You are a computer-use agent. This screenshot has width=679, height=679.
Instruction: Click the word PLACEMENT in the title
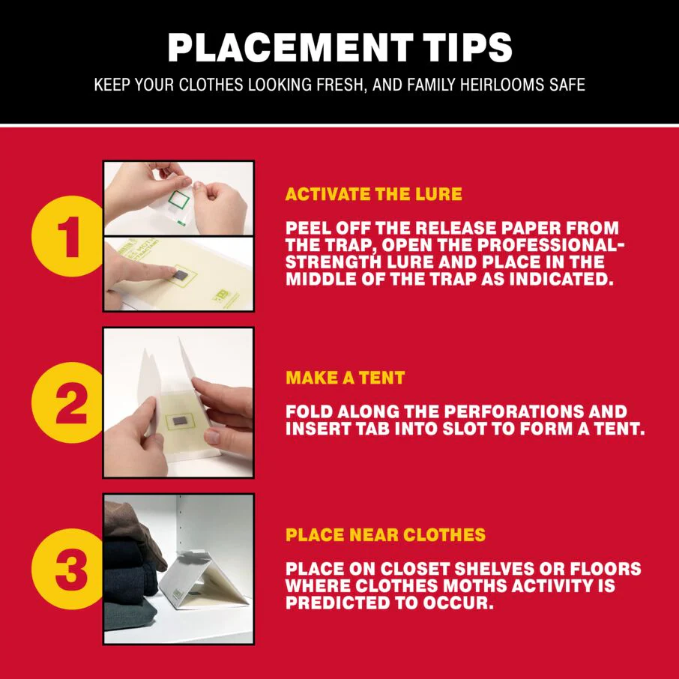tap(290, 48)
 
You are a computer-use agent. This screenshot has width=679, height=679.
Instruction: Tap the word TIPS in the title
tap(468, 48)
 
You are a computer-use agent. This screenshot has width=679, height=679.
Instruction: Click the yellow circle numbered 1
tap(67, 236)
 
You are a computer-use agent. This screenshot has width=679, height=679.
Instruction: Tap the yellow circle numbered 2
tap(67, 402)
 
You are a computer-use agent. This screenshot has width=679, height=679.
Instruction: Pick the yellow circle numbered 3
tap(67, 569)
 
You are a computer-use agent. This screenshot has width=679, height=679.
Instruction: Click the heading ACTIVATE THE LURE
tap(374, 194)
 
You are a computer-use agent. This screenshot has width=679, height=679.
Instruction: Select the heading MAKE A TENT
tap(345, 378)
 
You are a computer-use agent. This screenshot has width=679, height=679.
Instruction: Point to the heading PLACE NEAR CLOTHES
tap(385, 535)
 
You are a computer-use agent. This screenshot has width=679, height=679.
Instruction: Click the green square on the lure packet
tap(178, 199)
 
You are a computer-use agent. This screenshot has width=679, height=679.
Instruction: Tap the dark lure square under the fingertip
tap(178, 275)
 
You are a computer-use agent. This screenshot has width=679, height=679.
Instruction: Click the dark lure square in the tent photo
tap(179, 421)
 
